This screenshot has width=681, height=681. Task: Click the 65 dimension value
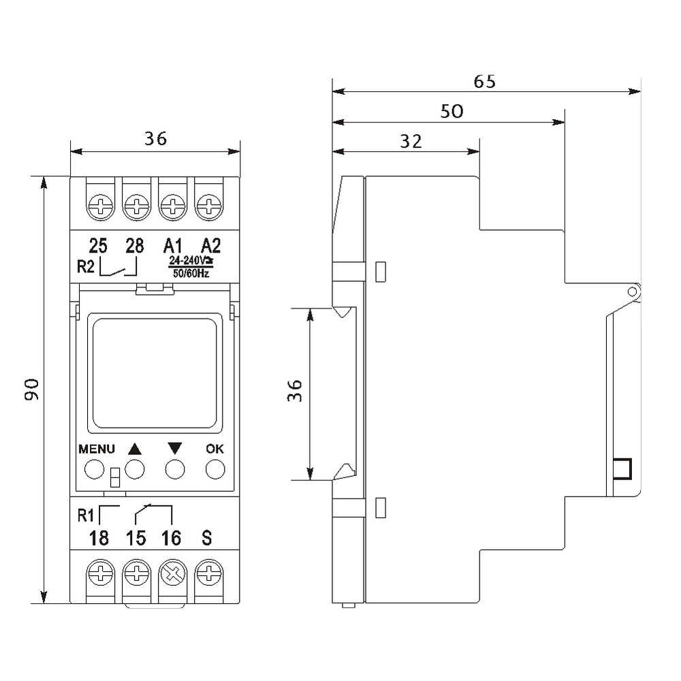(484, 81)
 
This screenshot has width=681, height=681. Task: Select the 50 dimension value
(452, 112)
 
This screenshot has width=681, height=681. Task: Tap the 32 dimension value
(411, 142)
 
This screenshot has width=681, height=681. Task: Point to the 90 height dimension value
(32, 389)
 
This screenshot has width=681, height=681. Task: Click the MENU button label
(97, 449)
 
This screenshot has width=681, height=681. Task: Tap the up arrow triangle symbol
(135, 449)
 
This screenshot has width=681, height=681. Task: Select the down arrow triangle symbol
(174, 448)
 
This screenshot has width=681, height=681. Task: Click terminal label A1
(172, 246)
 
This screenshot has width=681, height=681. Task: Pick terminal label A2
(210, 246)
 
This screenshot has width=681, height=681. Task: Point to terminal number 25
(97, 246)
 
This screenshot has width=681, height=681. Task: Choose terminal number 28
(134, 246)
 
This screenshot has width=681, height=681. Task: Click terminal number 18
(99, 538)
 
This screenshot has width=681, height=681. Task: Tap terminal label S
(207, 538)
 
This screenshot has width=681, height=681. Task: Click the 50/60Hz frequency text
(191, 273)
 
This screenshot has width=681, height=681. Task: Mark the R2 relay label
(85, 266)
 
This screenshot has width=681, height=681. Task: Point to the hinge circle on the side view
(633, 291)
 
